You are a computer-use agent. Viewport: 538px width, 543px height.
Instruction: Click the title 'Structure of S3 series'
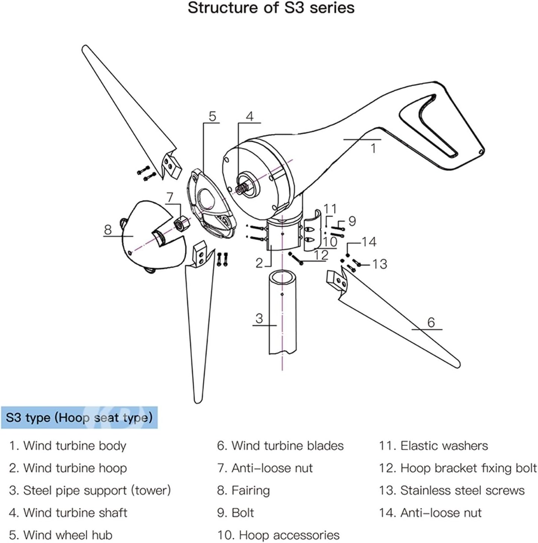271,8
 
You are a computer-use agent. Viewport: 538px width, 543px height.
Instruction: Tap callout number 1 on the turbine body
373,148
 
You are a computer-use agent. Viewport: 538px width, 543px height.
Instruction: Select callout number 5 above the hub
212,117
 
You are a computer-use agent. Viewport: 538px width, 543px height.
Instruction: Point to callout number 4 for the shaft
249,117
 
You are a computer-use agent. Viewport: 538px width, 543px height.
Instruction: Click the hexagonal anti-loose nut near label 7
182,224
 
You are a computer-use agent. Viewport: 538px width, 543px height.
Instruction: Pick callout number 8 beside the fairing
108,230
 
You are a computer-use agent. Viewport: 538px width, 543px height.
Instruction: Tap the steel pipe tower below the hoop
283,313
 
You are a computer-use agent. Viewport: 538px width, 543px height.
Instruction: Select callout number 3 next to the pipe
259,318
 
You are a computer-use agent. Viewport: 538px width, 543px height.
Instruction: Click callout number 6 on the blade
431,322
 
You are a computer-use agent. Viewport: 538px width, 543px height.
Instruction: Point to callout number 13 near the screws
380,264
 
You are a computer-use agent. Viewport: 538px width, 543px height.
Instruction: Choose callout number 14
369,242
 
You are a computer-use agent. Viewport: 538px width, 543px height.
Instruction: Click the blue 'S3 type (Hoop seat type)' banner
79,417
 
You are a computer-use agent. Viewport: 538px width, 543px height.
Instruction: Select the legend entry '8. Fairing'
243,490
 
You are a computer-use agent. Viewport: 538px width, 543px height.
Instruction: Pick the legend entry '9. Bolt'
235,513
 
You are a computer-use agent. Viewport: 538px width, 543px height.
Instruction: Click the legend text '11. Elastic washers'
433,446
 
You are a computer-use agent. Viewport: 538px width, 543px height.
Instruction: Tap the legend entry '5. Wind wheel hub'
60,535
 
